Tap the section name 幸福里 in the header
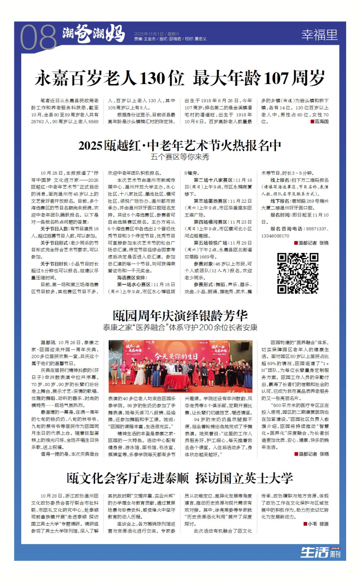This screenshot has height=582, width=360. point(319,35)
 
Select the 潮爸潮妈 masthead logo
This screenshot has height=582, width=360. point(94,34)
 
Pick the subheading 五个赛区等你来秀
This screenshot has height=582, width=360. point(180,157)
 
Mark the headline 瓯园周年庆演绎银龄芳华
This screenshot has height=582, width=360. point(180,316)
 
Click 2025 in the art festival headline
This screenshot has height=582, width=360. point(93,146)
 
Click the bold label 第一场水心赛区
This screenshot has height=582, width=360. point(134,285)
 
